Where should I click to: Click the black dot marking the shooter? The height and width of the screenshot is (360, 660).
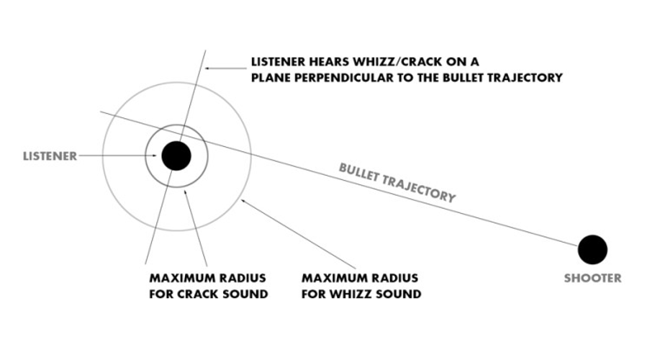coord(592,249)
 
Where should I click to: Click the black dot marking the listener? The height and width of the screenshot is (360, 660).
coord(176,156)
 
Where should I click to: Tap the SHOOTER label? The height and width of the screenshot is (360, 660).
coord(593,278)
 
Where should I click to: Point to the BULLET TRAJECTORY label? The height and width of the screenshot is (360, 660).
coord(397,182)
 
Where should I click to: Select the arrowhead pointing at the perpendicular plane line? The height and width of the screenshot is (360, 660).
coord(207,68)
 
